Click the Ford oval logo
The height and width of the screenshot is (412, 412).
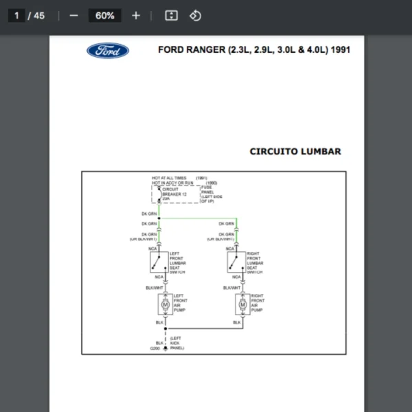pos(108,50)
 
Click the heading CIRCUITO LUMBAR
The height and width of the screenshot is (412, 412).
pos(295,152)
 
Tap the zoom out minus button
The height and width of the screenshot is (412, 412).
pos(74,15)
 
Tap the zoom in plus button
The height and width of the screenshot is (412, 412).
pos(136,15)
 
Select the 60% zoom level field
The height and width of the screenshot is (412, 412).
pos(105,15)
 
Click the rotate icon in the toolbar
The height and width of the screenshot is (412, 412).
pos(195,15)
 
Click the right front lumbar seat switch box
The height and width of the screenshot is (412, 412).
pos(236,262)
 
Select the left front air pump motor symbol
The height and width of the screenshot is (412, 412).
pos(165,303)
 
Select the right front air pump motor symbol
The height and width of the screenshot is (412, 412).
pos(242,303)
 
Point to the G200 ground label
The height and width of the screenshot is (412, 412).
pos(155,348)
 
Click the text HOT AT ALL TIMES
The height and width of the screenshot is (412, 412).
pos(169,179)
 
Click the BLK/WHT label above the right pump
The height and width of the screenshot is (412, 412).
pos(232,288)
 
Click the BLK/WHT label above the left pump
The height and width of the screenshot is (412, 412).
pos(154,288)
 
